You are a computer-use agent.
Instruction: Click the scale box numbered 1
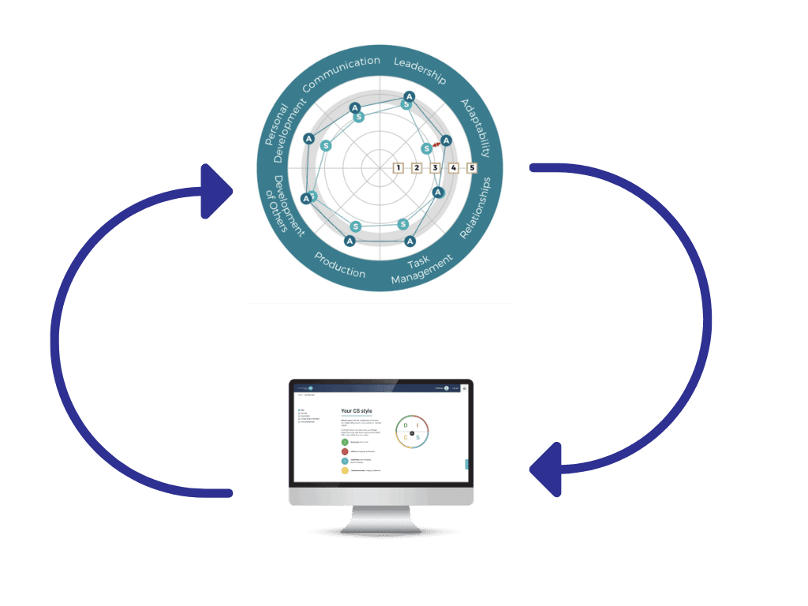point(398,167)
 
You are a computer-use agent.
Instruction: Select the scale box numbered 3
point(435,167)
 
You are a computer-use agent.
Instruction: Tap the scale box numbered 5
point(472,167)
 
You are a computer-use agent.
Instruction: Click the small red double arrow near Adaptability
point(436,144)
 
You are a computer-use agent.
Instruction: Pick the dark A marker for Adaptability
point(446,141)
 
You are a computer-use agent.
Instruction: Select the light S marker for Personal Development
point(327,145)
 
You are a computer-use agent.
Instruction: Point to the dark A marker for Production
point(350,240)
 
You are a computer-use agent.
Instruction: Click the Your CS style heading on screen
point(357,411)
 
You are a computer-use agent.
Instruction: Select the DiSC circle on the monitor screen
point(411,431)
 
